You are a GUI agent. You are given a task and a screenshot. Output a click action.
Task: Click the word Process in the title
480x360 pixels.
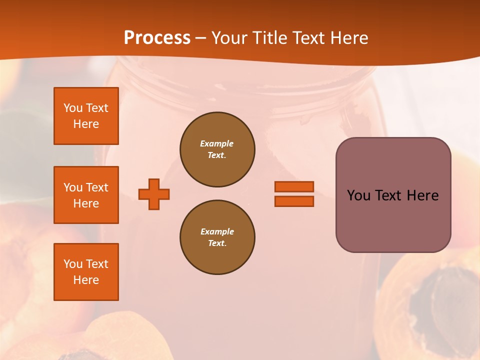pyautogui.click(x=157, y=37)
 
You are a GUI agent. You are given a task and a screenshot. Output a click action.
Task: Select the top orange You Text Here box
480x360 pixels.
pyautogui.click(x=86, y=116)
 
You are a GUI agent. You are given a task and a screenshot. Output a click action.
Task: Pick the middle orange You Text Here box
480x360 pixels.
pyautogui.click(x=86, y=195)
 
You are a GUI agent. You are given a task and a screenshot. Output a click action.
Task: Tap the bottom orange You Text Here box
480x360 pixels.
pyautogui.click(x=86, y=271)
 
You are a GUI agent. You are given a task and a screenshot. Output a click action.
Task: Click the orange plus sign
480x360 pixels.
pyautogui.click(x=154, y=194)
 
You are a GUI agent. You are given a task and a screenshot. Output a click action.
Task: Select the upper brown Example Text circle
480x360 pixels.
pyautogui.click(x=217, y=149)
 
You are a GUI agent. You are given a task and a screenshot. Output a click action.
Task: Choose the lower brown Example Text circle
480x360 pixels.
pyautogui.click(x=217, y=237)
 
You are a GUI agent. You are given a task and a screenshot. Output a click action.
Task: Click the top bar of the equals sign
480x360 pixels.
pyautogui.click(x=294, y=187)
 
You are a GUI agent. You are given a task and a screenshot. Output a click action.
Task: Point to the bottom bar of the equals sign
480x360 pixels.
pyautogui.click(x=294, y=201)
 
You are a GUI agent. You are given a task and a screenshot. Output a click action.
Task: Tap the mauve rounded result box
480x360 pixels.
pyautogui.click(x=393, y=220)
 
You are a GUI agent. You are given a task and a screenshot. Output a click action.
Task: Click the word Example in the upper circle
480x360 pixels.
pyautogui.click(x=217, y=143)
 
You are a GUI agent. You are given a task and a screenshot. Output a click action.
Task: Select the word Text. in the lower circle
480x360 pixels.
pyautogui.click(x=217, y=243)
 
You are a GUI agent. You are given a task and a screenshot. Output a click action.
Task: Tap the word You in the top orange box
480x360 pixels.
pyautogui.click(x=73, y=108)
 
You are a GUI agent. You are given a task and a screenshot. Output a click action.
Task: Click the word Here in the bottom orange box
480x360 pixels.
pyautogui.click(x=86, y=280)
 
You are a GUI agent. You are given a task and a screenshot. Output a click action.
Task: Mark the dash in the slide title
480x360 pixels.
pyautogui.click(x=201, y=38)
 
